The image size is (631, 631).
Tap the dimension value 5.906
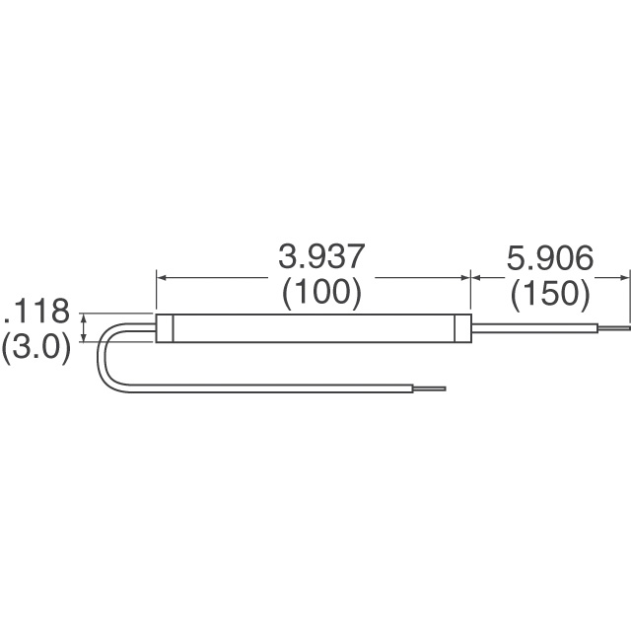(x=549, y=258)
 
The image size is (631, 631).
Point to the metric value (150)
(x=549, y=293)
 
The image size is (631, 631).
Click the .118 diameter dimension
(x=37, y=314)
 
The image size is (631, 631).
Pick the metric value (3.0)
(x=36, y=348)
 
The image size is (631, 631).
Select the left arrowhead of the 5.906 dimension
(x=477, y=278)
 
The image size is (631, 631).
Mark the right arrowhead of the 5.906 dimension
(x=624, y=278)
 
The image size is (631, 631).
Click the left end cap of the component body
(x=165, y=328)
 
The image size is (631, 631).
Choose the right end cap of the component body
(x=463, y=328)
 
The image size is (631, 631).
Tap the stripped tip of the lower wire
(x=433, y=387)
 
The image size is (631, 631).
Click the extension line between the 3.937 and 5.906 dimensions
(x=470, y=291)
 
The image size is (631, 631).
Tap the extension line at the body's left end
(x=156, y=291)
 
